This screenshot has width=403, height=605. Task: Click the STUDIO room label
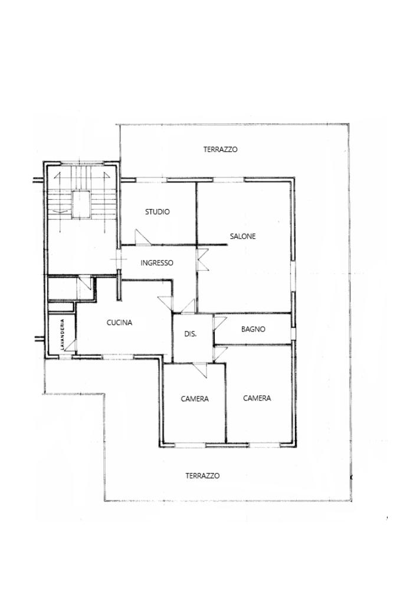coord(157,212)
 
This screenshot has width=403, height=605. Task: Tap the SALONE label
coord(243,236)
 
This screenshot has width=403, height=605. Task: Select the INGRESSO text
coord(157,263)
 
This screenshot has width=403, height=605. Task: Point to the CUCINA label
coord(119,323)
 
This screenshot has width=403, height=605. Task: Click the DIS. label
coord(191,334)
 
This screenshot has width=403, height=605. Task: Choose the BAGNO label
coord(253,330)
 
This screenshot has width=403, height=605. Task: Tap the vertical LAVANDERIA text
coord(62,334)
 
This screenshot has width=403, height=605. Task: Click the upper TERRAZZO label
coord(220,149)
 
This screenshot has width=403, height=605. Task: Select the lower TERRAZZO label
coord(202,476)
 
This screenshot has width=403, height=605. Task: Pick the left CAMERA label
coord(195,399)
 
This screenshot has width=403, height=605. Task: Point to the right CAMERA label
coord(257,398)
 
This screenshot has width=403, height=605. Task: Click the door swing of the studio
coord(142,238)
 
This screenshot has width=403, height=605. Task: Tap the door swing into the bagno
coord(220,323)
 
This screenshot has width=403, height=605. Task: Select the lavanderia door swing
coord(70,346)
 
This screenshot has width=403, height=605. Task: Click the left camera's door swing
coord(201,370)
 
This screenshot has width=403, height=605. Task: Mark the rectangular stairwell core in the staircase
coord(81,204)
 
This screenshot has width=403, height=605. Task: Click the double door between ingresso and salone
coord(202,260)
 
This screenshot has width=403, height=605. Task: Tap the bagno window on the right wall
coord(294,333)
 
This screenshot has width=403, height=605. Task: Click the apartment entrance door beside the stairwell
coord(119,259)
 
